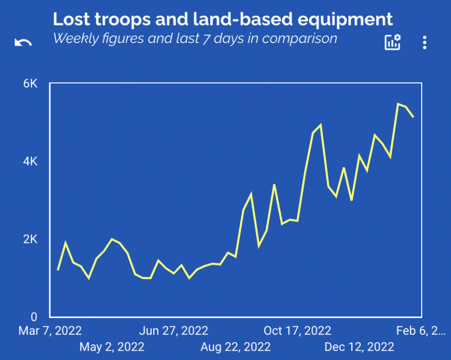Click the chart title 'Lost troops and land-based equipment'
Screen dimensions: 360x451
pyautogui.click(x=222, y=19)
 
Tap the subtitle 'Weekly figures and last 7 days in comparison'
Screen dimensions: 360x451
pyautogui.click(x=195, y=38)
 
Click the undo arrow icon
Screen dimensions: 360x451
pyautogui.click(x=23, y=43)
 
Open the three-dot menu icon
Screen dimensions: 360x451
pyautogui.click(x=425, y=43)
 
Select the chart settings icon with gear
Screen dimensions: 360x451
pyautogui.click(x=392, y=42)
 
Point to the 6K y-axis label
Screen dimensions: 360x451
pyautogui.click(x=30, y=84)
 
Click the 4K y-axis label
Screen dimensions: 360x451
pyautogui.click(x=30, y=161)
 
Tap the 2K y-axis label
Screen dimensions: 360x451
pyautogui.click(x=30, y=239)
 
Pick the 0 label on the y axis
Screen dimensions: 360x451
pyautogui.click(x=34, y=317)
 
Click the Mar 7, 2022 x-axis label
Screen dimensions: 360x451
pyautogui.click(x=50, y=331)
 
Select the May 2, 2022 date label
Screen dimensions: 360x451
pyautogui.click(x=112, y=347)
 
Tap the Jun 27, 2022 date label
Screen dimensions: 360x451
pyautogui.click(x=174, y=331)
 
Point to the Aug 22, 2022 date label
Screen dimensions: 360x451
pyautogui.click(x=235, y=347)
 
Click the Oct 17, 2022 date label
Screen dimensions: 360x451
pyautogui.click(x=297, y=331)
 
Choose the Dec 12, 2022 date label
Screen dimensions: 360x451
pyautogui.click(x=359, y=347)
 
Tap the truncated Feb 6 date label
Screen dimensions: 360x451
pyautogui.click(x=420, y=331)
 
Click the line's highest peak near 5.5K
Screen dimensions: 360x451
pyautogui.click(x=398, y=104)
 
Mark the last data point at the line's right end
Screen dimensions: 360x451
pyautogui.click(x=413, y=117)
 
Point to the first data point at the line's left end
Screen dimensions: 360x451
pyautogui.click(x=58, y=270)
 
